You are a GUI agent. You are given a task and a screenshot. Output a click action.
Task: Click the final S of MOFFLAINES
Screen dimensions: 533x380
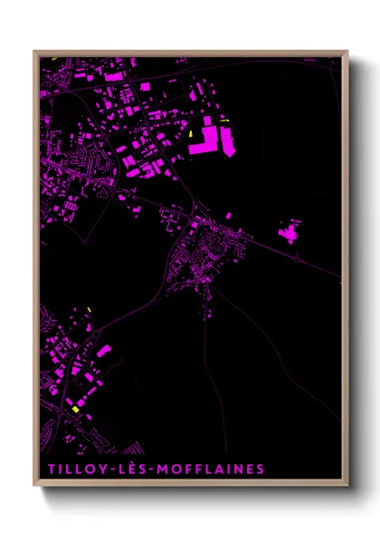pos(261,469)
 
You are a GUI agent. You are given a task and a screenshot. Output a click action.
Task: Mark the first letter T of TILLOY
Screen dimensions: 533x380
pos(47,469)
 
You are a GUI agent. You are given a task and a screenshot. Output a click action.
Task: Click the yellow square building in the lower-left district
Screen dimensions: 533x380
pos(76,409)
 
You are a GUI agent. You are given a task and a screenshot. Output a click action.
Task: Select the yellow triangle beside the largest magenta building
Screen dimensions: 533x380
pos(193,136)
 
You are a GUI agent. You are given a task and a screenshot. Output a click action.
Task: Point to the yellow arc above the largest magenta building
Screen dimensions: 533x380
pos(224,121)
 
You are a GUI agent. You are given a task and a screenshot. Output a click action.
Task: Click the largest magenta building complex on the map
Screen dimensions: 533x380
pos(215,139)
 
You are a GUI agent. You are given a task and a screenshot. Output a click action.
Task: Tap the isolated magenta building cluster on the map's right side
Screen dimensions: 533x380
pos(291,234)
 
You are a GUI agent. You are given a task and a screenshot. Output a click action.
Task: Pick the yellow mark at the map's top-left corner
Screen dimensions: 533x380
pos(53,60)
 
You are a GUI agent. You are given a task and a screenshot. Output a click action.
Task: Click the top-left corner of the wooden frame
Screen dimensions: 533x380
pos(33,51)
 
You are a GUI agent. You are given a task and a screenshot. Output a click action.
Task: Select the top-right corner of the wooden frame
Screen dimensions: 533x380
pos(348,51)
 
